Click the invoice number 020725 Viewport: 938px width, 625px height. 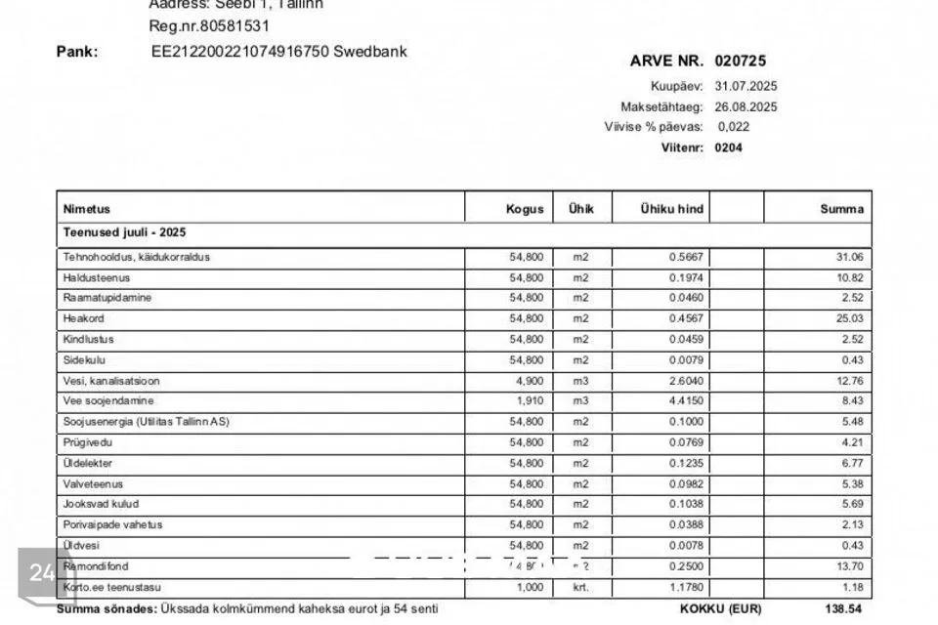pyautogui.click(x=740, y=61)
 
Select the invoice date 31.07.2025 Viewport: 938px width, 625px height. pyautogui.click(x=746, y=86)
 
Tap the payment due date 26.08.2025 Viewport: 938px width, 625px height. pyautogui.click(x=746, y=106)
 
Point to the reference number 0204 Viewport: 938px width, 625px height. pyautogui.click(x=728, y=148)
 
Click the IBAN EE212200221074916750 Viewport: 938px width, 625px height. pyautogui.click(x=239, y=51)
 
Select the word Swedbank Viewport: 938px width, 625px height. pyautogui.click(x=370, y=51)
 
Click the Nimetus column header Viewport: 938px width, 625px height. pyautogui.click(x=87, y=209)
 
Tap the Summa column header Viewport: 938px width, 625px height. pyautogui.click(x=841, y=209)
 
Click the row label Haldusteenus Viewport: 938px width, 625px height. pyautogui.click(x=97, y=277)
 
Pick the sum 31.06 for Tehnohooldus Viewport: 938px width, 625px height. pyautogui.click(x=849, y=257)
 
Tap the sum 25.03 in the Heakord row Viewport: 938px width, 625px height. pyautogui.click(x=849, y=318)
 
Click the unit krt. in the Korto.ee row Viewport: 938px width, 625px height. pyautogui.click(x=581, y=587)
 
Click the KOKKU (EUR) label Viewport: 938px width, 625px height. pyautogui.click(x=719, y=608)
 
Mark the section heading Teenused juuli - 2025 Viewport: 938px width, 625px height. pyautogui.click(x=124, y=232)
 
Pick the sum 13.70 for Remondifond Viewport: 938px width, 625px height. pyautogui.click(x=849, y=566)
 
